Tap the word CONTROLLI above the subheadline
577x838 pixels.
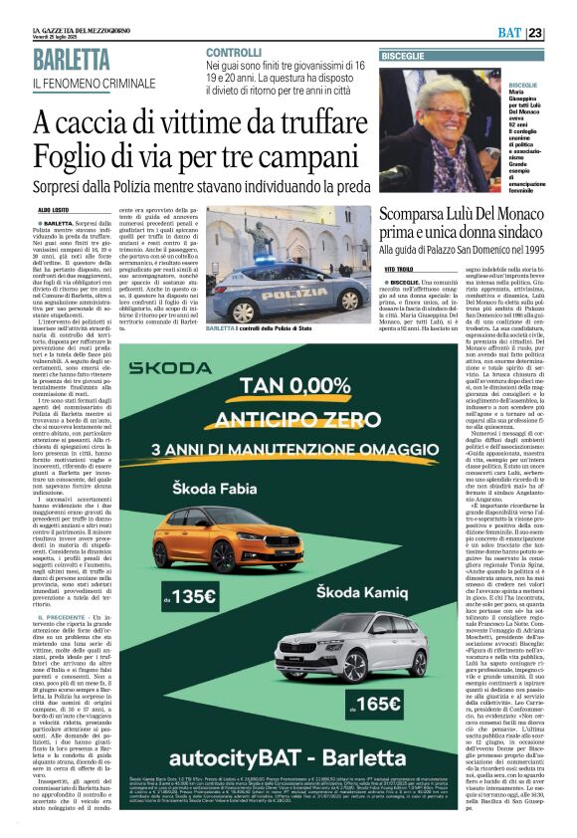point(234,52)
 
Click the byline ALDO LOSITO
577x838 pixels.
point(55,211)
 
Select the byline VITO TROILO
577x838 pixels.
point(398,270)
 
